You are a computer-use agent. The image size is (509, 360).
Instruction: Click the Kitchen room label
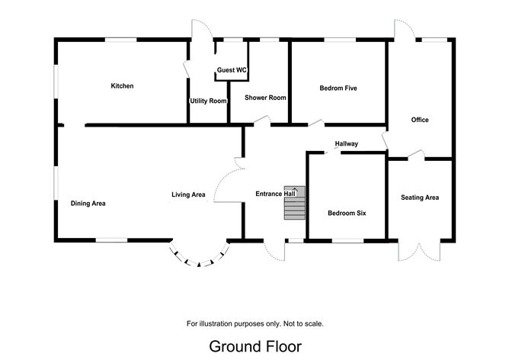coord(122,86)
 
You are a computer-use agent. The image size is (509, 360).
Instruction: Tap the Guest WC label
coord(232,70)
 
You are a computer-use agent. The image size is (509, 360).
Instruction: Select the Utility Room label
coord(208,101)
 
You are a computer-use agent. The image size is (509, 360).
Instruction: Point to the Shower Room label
coord(264,98)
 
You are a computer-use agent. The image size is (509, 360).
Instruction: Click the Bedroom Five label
coord(338,88)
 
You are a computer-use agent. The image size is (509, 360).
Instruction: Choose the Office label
coord(419,120)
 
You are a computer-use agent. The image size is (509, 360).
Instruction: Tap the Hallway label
coord(346,143)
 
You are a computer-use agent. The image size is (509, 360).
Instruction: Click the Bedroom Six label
coord(347,213)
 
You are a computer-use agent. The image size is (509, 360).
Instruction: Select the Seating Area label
coord(420,198)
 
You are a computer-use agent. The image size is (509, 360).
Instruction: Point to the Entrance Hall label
coord(275,194)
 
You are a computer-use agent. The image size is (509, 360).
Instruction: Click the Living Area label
coord(188,194)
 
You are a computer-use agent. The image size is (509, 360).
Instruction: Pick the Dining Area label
coord(88,204)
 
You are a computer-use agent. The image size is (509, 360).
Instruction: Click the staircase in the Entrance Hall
coord(294,203)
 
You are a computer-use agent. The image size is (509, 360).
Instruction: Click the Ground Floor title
coord(254,346)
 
